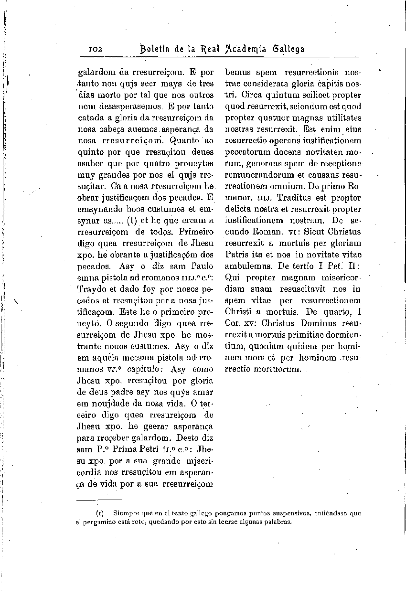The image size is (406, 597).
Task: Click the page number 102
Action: click(x=99, y=49)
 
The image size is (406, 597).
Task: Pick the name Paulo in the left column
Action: click(x=202, y=266)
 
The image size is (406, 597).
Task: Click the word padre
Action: click(x=120, y=392)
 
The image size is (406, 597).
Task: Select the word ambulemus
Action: click(x=245, y=266)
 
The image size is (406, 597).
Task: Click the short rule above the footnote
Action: click(x=93, y=500)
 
